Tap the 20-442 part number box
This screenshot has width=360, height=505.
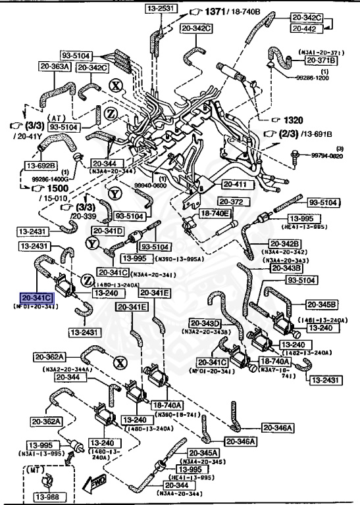(x=309, y=30)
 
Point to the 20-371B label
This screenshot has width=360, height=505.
(x=321, y=60)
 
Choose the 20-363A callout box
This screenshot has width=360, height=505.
(x=54, y=66)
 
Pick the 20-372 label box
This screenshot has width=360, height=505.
(x=231, y=201)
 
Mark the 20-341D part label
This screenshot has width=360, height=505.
(x=108, y=231)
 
